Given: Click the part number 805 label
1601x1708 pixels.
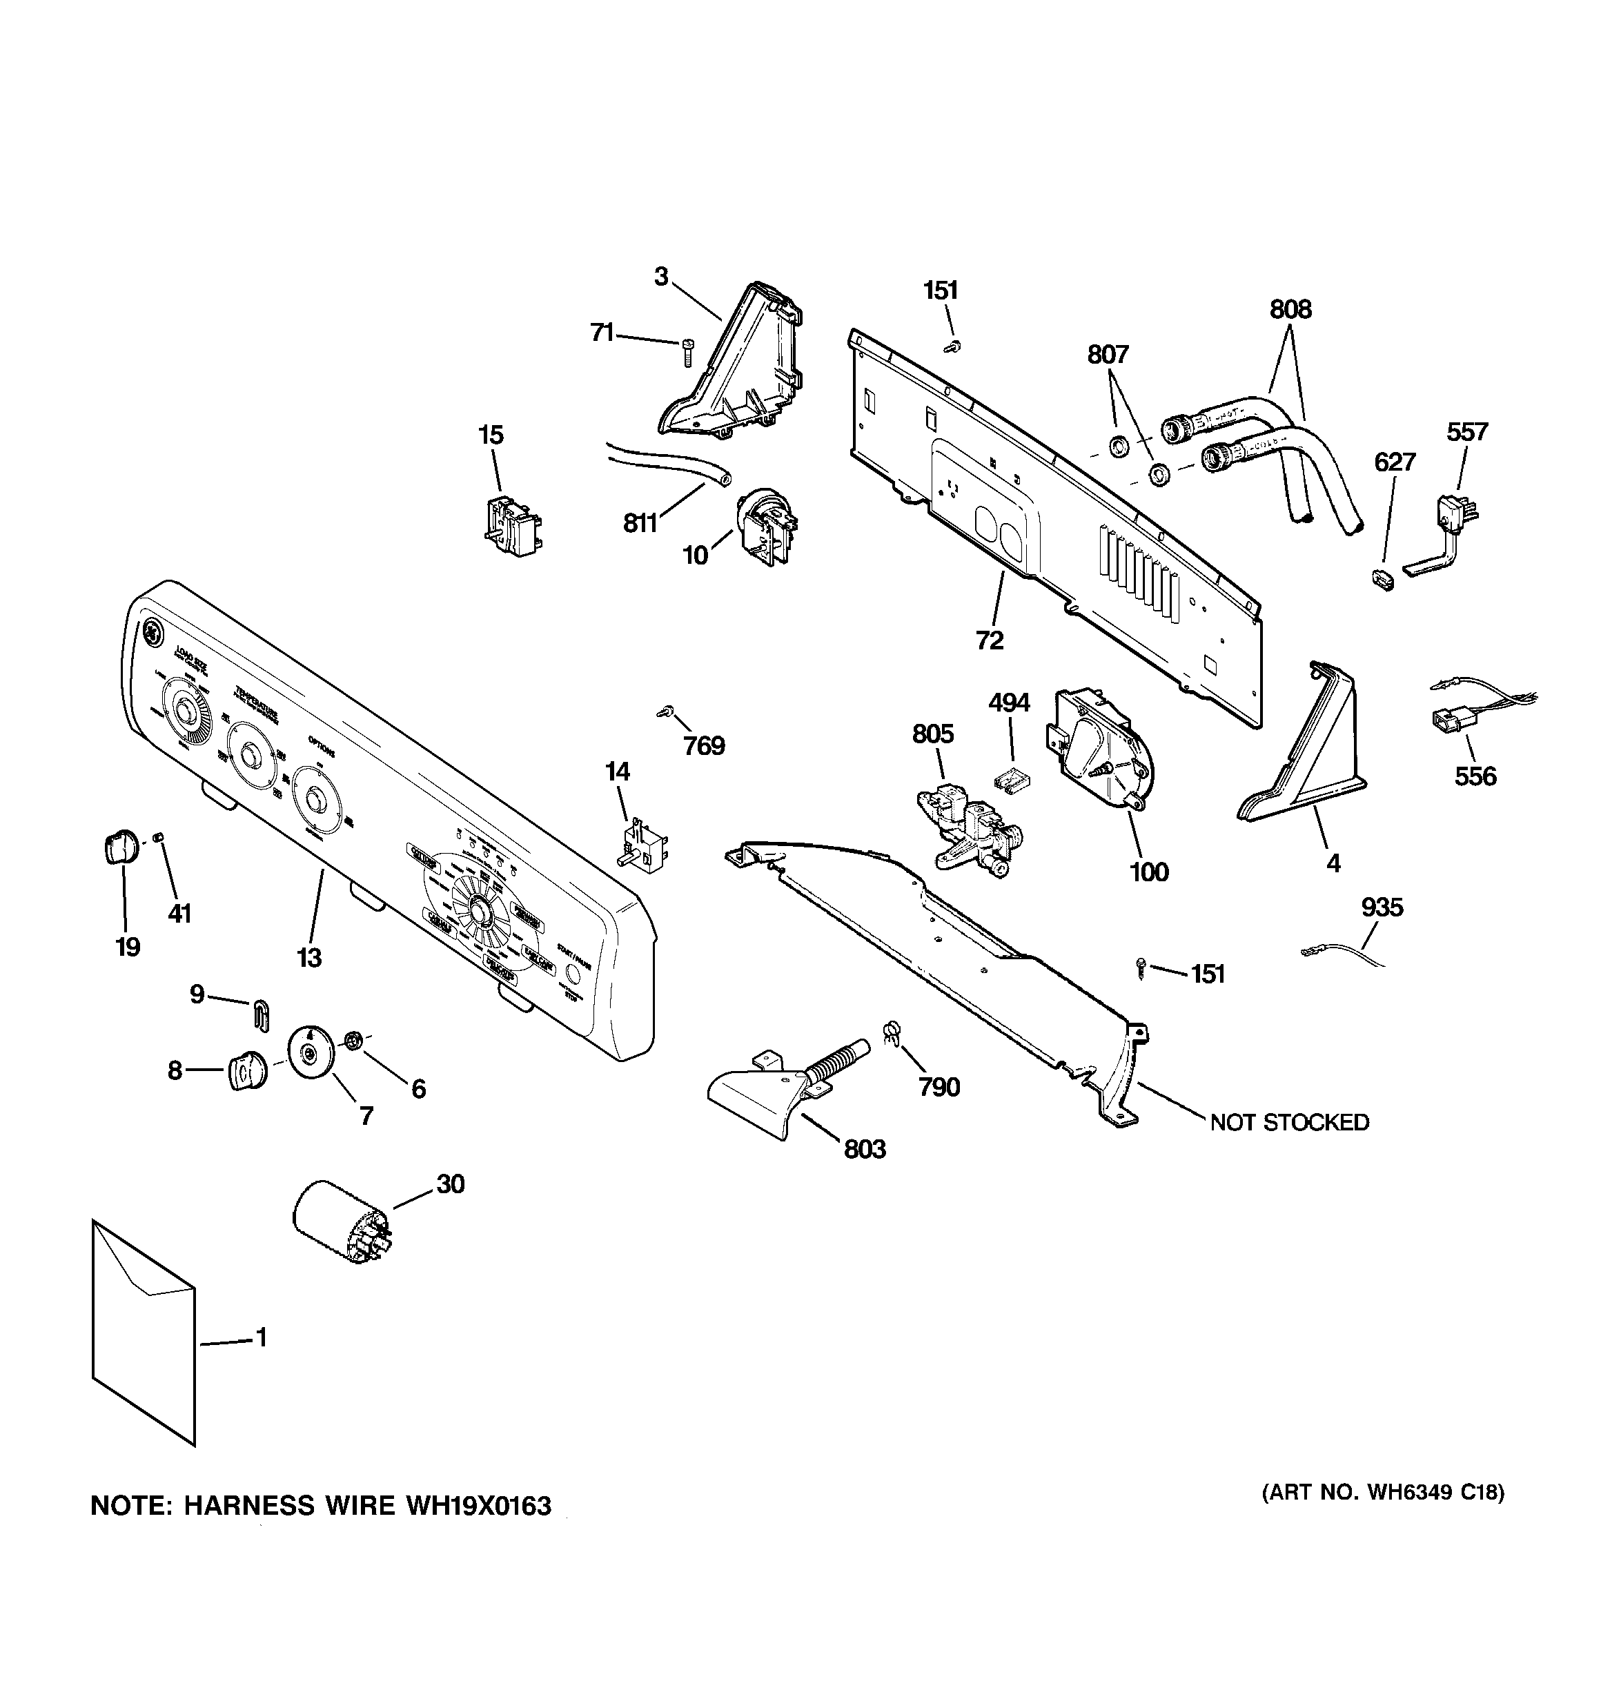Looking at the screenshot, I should [932, 734].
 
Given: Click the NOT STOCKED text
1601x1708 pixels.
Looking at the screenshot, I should [1289, 1122].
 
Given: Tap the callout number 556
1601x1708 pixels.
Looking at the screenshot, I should [1475, 776].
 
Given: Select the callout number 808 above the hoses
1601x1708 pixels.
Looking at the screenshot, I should [1290, 309].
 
